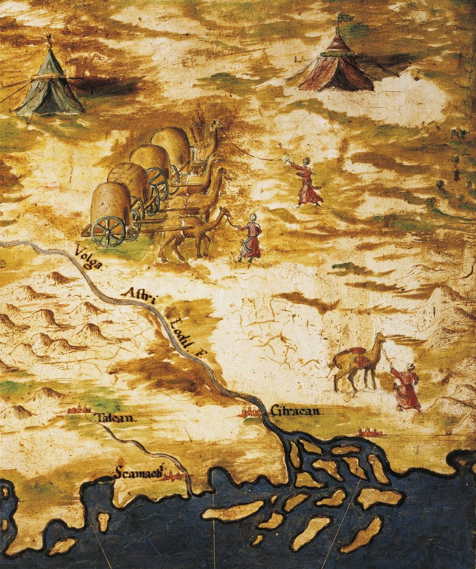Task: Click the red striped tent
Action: (337, 67)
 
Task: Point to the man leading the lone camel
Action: (405, 388)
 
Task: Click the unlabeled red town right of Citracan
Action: (369, 432)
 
